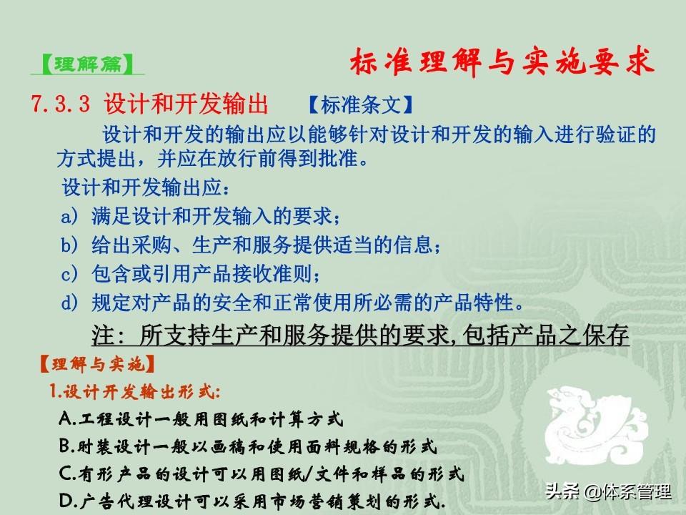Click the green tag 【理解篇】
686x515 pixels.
(x=87, y=64)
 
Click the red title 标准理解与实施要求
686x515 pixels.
(x=502, y=62)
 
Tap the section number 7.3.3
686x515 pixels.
(x=60, y=104)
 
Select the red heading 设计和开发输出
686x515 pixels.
(x=186, y=104)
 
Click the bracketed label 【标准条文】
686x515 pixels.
(x=361, y=104)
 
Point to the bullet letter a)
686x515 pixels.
(x=70, y=216)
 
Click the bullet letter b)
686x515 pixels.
(x=70, y=245)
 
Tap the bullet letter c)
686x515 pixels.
(x=70, y=274)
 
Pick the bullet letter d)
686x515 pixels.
(x=70, y=303)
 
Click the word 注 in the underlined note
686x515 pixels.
(x=103, y=335)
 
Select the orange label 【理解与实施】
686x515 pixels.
(x=97, y=364)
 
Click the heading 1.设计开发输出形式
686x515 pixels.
(x=134, y=391)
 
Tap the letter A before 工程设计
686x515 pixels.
(x=66, y=419)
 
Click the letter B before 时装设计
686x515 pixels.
(x=66, y=446)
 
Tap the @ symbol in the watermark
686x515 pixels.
(x=593, y=492)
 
